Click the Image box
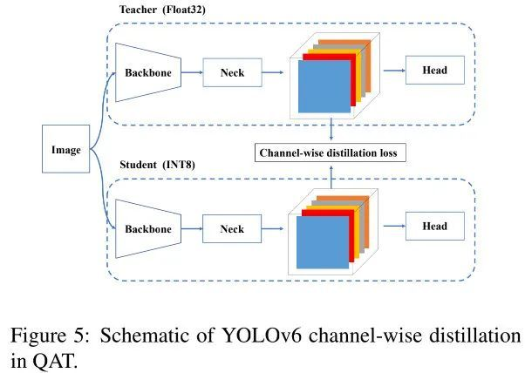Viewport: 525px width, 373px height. [66, 151]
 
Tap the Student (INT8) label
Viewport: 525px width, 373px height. [155, 165]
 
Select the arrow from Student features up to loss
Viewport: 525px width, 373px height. [332, 174]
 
